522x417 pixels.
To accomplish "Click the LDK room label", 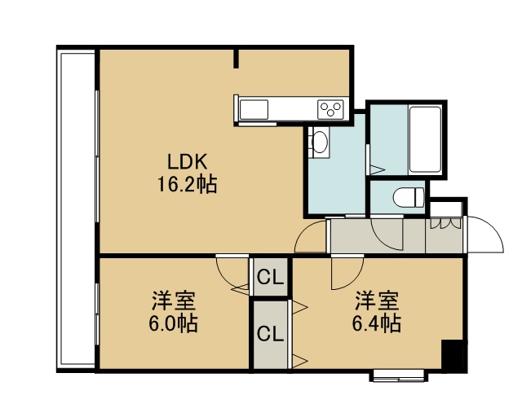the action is click(x=188, y=162).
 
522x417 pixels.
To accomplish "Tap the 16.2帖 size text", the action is click(x=187, y=184).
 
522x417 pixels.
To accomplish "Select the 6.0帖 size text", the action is click(x=173, y=323).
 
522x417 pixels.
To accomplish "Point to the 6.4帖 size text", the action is click(x=377, y=323).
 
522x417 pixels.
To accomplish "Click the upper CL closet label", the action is click(x=270, y=277).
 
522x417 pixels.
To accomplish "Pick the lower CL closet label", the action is click(x=270, y=334).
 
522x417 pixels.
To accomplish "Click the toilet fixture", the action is click(x=409, y=197).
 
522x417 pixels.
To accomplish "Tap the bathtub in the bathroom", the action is click(x=425, y=139).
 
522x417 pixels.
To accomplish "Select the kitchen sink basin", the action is click(x=254, y=109).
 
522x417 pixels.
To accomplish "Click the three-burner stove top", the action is click(x=330, y=109).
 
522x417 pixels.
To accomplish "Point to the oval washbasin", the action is click(x=321, y=142).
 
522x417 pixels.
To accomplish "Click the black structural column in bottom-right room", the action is click(x=452, y=354).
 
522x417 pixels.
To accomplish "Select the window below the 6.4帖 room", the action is click(x=399, y=376).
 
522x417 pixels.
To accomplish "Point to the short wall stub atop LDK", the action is click(x=236, y=59).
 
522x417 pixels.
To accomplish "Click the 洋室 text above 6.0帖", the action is click(x=174, y=301).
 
